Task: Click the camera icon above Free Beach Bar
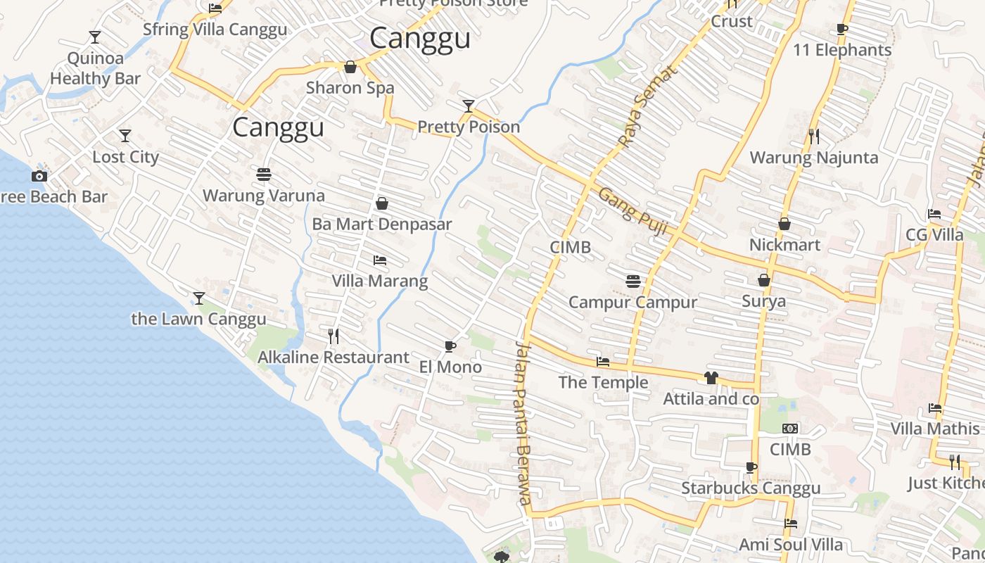(x=39, y=176)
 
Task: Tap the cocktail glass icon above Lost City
(x=125, y=135)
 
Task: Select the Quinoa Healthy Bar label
(x=95, y=68)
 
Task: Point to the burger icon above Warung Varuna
(x=264, y=174)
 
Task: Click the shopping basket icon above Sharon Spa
(x=350, y=67)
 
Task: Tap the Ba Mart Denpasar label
(x=382, y=224)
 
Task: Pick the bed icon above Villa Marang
(x=380, y=260)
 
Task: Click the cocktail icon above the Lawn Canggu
(x=199, y=298)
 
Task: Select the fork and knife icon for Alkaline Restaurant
(x=333, y=336)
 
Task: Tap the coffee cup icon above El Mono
(x=450, y=346)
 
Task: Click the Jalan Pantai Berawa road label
(x=522, y=422)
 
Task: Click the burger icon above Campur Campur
(x=633, y=281)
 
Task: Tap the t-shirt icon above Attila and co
(x=711, y=378)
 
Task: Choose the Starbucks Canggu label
(x=751, y=488)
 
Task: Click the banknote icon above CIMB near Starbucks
(x=790, y=428)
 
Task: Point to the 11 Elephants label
(x=842, y=50)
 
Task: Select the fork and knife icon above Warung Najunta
(x=814, y=136)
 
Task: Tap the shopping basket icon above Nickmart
(x=784, y=224)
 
